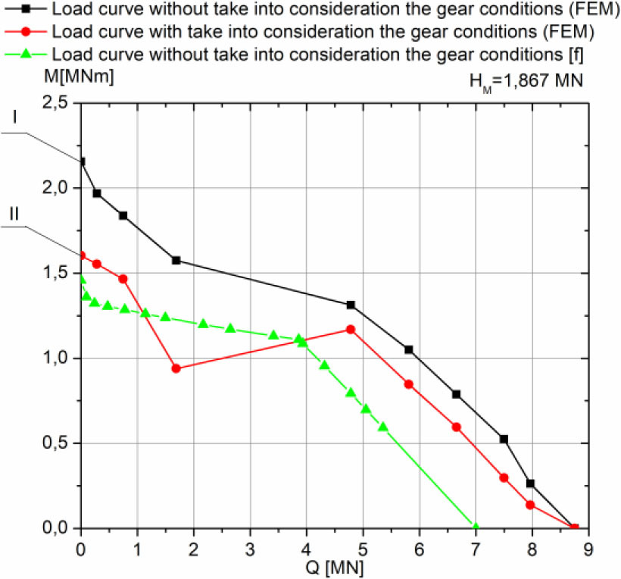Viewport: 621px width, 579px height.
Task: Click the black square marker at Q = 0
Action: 81,161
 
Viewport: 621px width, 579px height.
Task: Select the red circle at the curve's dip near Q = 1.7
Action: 176,368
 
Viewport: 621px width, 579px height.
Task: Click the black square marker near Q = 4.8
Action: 351,305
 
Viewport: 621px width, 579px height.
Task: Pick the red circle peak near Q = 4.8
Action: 351,330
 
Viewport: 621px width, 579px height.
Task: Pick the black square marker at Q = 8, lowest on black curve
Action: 530,484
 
